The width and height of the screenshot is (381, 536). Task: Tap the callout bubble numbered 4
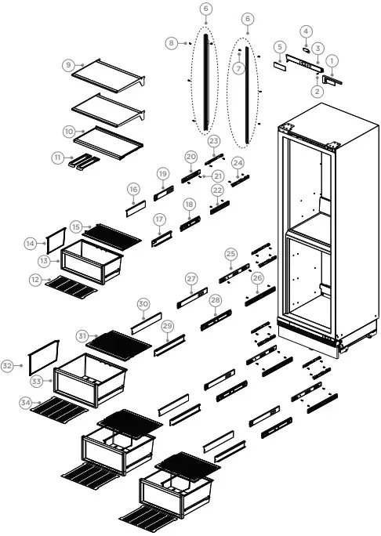tap(306, 31)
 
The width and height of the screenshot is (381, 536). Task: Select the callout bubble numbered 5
tap(279, 48)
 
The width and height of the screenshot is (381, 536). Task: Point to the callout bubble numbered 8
tap(172, 43)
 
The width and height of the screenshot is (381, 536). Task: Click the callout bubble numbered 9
tap(69, 64)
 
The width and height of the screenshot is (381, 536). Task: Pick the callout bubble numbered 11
tap(58, 158)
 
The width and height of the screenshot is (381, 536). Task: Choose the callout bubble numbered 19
tap(162, 173)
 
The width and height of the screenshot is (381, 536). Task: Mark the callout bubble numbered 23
tap(214, 140)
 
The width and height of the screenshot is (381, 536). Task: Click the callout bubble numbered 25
tap(230, 254)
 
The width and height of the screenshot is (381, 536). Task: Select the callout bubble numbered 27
tap(191, 279)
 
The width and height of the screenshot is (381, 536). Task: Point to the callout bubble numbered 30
tap(143, 304)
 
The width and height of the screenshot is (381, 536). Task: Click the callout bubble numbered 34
tap(27, 403)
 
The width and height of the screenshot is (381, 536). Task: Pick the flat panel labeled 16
tap(134, 207)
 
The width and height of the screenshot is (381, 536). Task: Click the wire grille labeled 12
tap(71, 288)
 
